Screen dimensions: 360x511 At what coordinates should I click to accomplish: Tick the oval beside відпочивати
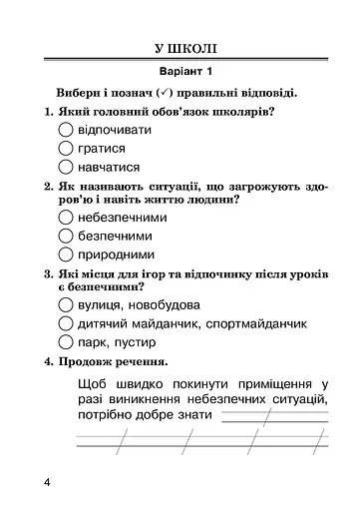[67, 131]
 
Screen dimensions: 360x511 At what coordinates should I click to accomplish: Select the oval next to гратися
[67, 149]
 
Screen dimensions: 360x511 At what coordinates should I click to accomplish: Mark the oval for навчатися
[67, 167]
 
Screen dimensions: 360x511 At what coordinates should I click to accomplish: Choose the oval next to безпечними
[67, 236]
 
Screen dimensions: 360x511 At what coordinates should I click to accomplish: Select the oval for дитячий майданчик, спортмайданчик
[67, 323]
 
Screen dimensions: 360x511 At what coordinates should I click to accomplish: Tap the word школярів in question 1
[240, 112]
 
